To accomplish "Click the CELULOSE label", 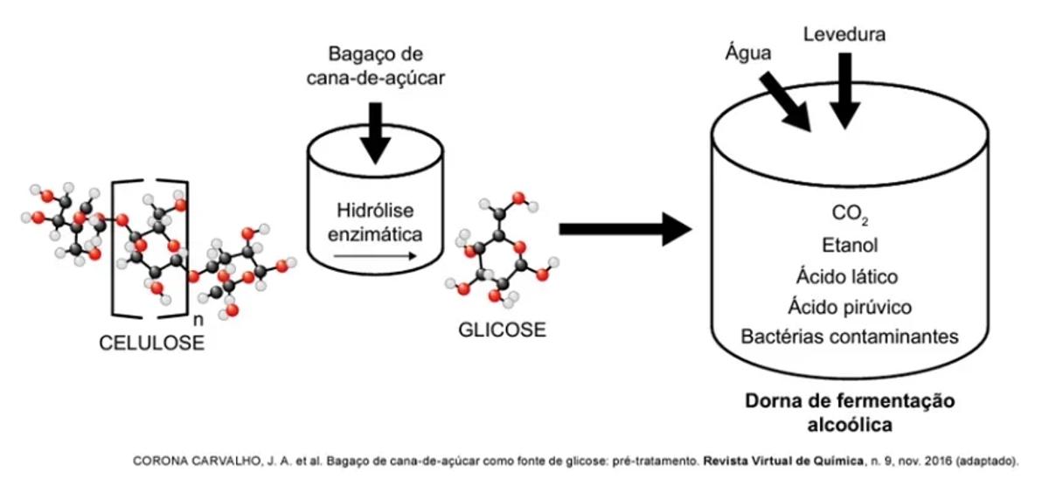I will coord(151,343).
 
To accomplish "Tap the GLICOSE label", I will coord(502,330).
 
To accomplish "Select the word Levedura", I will coord(844,35).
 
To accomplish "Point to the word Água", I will coord(748,53).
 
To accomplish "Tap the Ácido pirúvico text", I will coord(850,307).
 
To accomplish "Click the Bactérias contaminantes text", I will coord(850,337).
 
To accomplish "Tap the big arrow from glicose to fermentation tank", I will coord(624,229).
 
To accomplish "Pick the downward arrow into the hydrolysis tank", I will coord(375,131).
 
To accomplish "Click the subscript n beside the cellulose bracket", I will coord(196,320).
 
